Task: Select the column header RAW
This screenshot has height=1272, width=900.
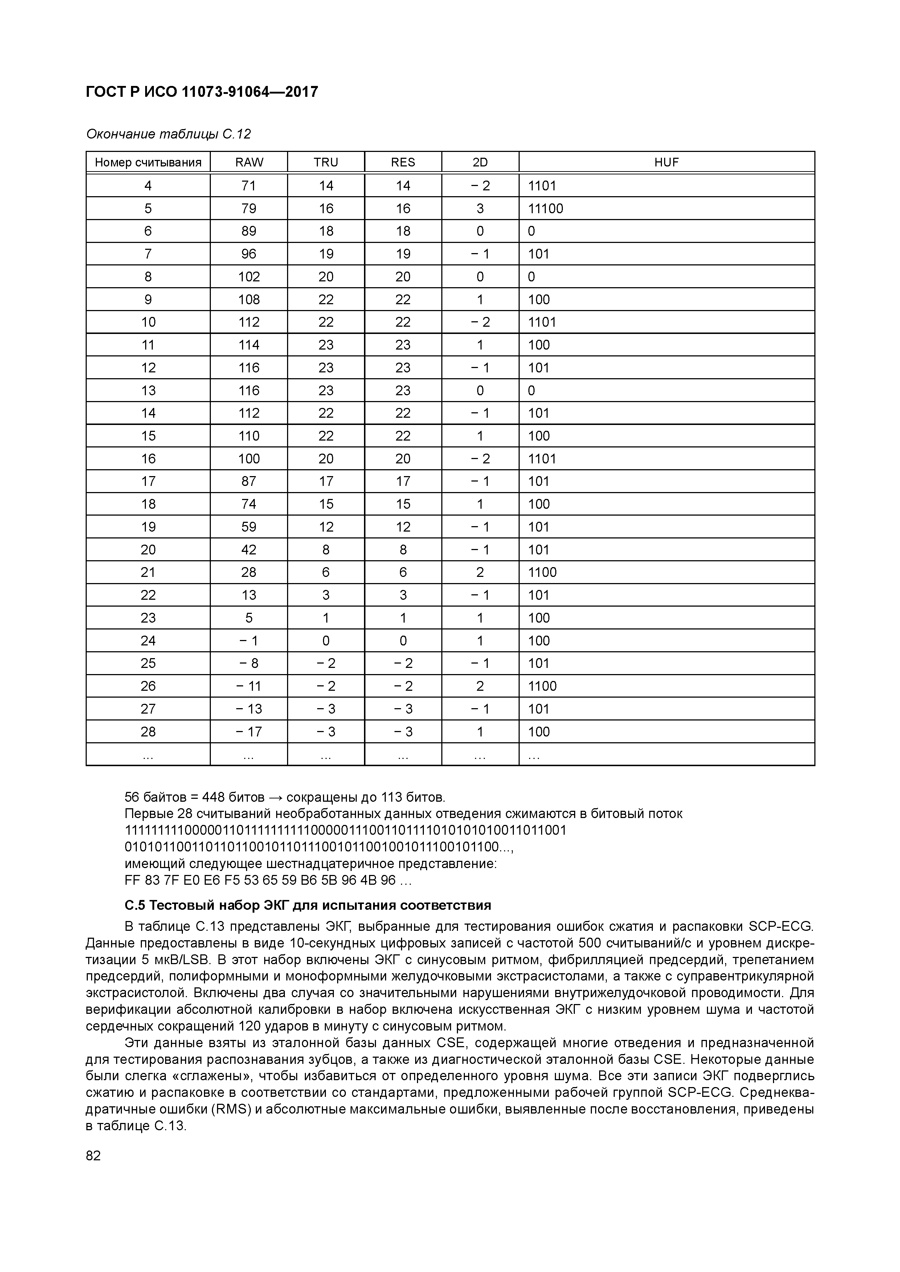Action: pos(249,162)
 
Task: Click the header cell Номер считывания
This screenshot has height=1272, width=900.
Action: pos(148,162)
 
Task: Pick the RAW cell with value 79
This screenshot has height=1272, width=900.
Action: pos(249,208)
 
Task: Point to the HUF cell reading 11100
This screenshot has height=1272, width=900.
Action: pos(546,208)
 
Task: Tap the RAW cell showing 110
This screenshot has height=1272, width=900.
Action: pos(249,435)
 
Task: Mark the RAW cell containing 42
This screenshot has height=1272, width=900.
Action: pos(249,550)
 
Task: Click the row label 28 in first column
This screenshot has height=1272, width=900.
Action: pos(148,731)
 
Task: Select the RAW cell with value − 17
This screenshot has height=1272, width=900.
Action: pos(249,731)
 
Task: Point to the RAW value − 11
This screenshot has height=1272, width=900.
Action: pos(249,686)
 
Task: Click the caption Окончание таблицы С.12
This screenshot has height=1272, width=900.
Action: pos(169,134)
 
